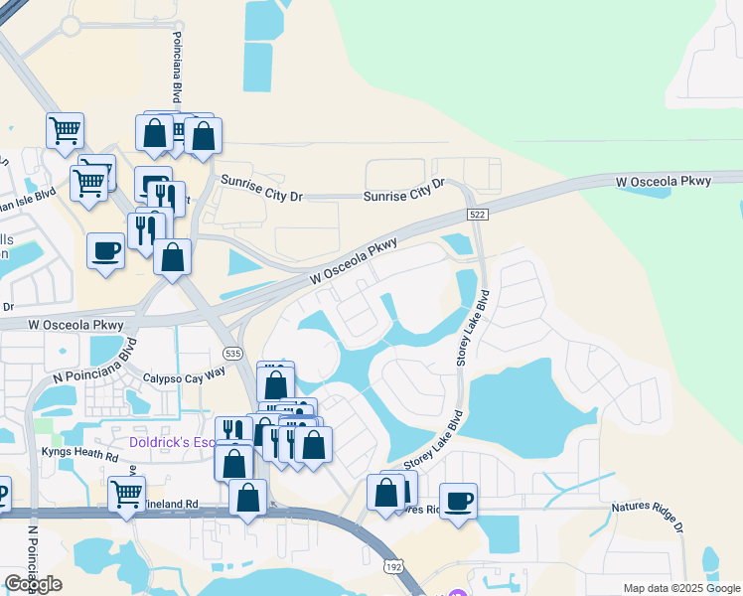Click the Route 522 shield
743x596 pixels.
pyautogui.click(x=478, y=216)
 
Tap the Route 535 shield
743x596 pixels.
pyautogui.click(x=232, y=353)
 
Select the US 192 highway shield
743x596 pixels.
pyautogui.click(x=393, y=564)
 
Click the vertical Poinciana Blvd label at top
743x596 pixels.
pyautogui.click(x=177, y=76)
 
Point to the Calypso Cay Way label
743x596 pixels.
pyautogui.click(x=185, y=373)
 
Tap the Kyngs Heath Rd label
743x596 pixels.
pyautogui.click(x=79, y=455)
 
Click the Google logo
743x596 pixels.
pyautogui.click(x=33, y=584)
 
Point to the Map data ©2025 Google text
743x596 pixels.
pyautogui.click(x=681, y=588)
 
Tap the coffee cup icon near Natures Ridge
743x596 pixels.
pyautogui.click(x=458, y=500)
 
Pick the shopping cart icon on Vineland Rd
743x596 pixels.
pyautogui.click(x=126, y=492)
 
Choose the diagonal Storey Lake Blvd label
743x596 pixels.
pyautogui.click(x=434, y=441)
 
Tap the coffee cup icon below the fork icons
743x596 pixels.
pyautogui.click(x=105, y=249)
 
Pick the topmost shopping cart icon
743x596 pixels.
pyautogui.click(x=65, y=128)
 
